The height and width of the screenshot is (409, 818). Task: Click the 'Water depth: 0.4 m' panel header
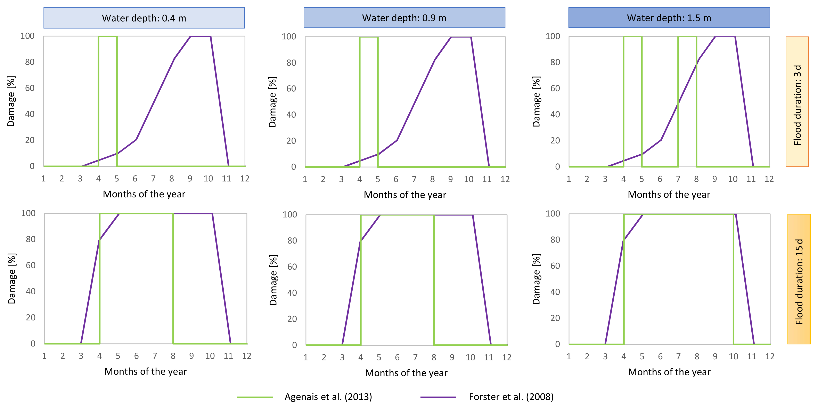point(144,18)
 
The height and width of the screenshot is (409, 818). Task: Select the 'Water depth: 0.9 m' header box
point(404,18)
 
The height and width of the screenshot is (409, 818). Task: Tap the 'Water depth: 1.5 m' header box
point(669,18)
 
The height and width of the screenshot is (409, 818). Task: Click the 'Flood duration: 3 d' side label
point(797,102)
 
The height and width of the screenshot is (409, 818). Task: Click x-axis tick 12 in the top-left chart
point(245,179)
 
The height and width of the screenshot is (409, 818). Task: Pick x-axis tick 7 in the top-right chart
point(678,179)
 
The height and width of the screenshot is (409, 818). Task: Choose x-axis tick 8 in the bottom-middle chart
point(434,358)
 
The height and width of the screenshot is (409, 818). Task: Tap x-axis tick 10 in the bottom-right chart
point(733,357)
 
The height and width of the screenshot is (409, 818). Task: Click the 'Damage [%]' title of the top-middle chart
point(272,102)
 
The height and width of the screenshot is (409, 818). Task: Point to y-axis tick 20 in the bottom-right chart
point(555,318)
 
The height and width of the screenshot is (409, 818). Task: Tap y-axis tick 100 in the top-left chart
point(28,36)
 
